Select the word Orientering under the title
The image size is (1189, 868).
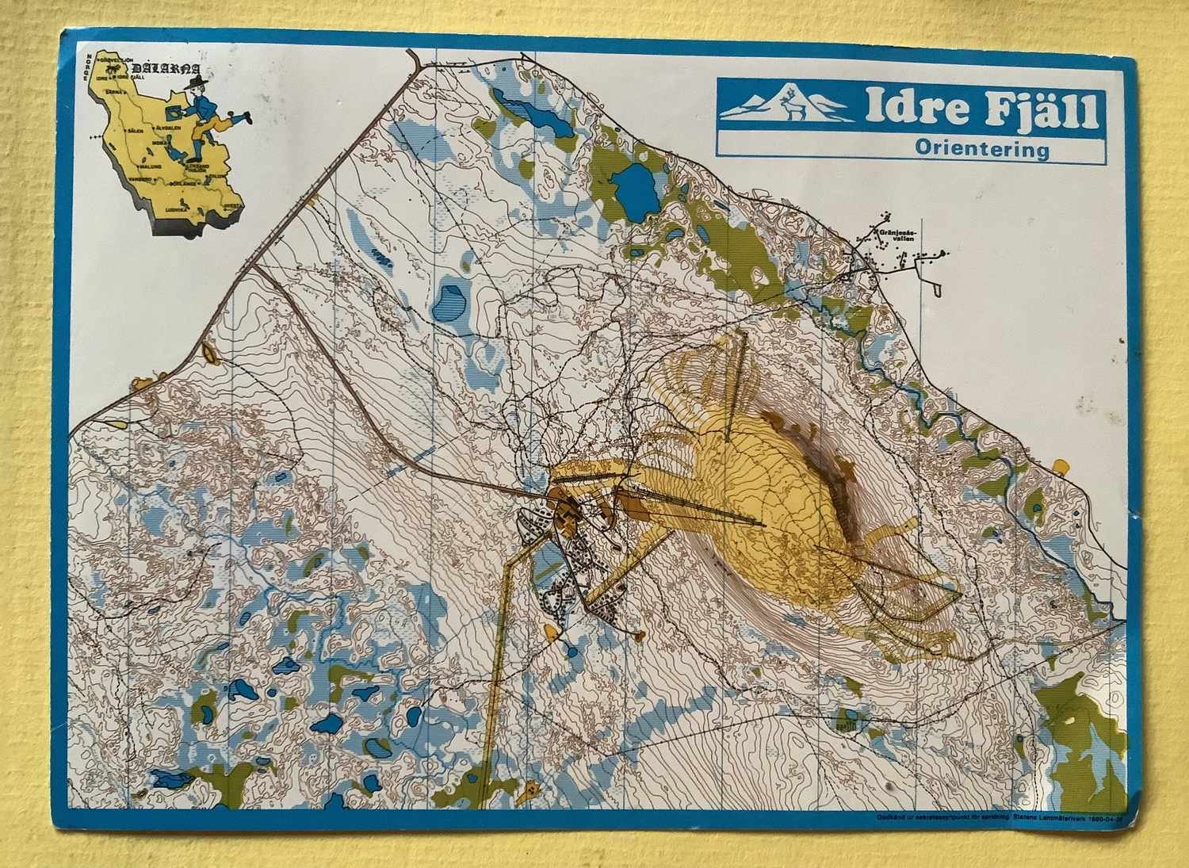(x=981, y=148)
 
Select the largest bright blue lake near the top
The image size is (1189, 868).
(x=633, y=191)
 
